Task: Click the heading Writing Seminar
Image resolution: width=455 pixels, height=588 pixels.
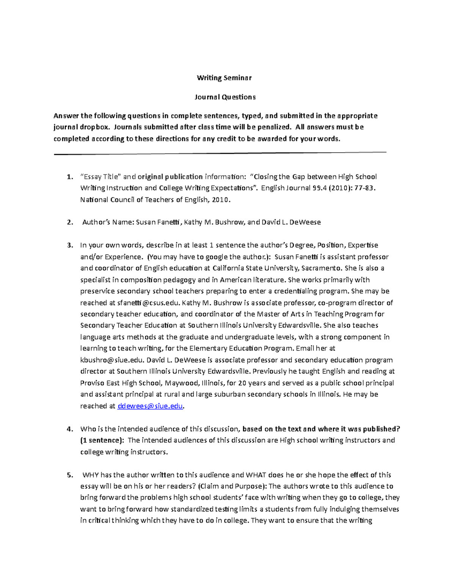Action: click(224, 78)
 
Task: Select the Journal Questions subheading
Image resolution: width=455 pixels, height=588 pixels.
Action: click(225, 97)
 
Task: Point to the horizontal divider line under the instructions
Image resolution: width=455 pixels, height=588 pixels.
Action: click(220, 153)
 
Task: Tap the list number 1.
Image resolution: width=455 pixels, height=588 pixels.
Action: click(69, 177)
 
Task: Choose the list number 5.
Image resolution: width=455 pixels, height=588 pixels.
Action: click(69, 475)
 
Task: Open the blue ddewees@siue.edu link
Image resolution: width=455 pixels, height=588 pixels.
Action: click(150, 406)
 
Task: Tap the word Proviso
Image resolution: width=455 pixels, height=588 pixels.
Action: click(93, 383)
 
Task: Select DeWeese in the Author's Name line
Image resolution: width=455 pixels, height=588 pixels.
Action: click(305, 222)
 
